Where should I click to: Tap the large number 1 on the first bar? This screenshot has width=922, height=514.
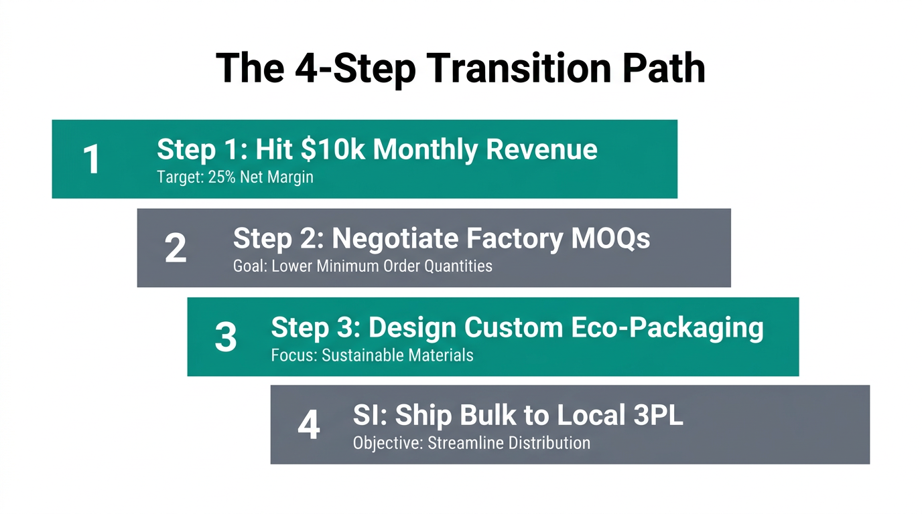(x=91, y=160)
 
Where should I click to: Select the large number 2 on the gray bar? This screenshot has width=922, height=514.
(x=175, y=248)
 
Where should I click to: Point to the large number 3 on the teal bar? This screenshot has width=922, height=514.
(x=225, y=337)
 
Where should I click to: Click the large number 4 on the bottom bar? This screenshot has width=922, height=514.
(x=308, y=425)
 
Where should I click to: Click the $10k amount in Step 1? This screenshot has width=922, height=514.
(x=333, y=149)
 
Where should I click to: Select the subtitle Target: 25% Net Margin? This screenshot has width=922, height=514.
(x=235, y=178)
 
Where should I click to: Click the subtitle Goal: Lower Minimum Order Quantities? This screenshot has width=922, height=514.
(x=362, y=266)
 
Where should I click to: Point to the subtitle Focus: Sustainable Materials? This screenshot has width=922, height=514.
(x=372, y=355)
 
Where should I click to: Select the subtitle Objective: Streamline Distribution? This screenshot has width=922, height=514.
(x=471, y=443)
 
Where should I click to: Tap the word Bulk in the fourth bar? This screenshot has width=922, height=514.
(x=481, y=416)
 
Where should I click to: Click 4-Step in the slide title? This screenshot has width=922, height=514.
(x=346, y=68)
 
